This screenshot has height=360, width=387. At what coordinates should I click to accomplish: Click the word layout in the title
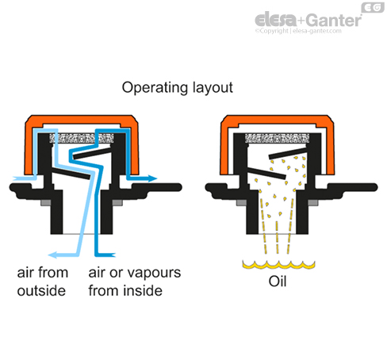coord(213,88)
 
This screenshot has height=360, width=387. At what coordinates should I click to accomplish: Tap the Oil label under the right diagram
coord(278,281)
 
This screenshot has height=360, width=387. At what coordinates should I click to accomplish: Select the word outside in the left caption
coord(41,291)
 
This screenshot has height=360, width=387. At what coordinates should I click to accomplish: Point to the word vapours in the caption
coord(152,273)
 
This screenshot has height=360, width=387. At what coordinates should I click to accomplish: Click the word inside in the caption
coord(144,291)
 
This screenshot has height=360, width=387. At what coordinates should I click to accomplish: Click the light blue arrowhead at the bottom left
coord(53,255)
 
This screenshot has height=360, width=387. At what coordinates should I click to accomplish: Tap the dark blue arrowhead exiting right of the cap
coord(152,178)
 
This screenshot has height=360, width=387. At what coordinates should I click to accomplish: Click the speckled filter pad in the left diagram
coord(82,138)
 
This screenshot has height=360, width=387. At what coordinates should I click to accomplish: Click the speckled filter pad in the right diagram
coord(277,138)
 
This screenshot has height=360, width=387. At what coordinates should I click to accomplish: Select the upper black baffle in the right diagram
coord(287,153)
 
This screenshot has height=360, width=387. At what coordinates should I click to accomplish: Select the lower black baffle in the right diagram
coord(267,173)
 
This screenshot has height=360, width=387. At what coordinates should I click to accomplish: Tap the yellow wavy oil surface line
coord(278,265)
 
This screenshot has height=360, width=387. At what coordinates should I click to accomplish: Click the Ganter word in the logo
coord(335,21)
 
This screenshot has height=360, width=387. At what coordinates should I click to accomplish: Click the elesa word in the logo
coord(276,19)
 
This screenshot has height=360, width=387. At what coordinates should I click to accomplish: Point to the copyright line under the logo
coord(298,31)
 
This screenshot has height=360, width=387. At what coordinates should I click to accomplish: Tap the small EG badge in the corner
coord(373,7)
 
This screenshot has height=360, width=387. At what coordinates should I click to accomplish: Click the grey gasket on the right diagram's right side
coord(313,203)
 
